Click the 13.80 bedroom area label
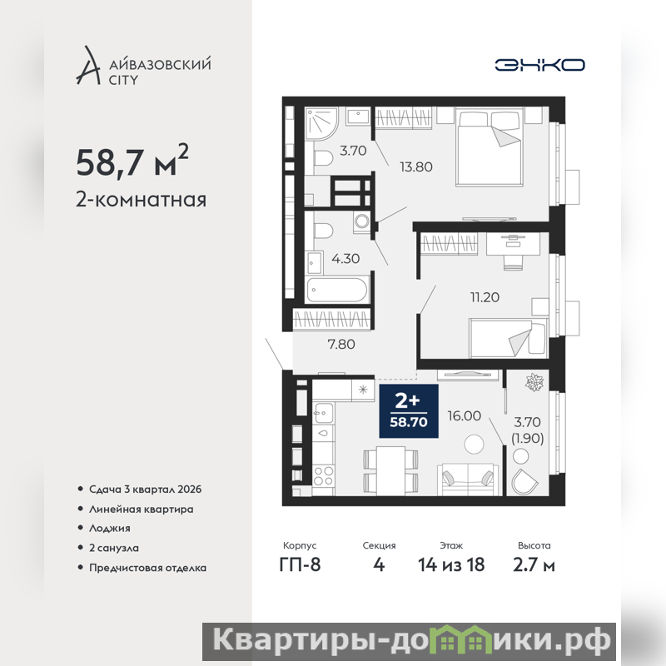(415, 167)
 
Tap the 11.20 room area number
(485, 297)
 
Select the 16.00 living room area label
(465, 415)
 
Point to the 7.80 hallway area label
(341, 344)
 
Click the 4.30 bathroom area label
(345, 258)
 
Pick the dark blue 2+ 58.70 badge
(409, 410)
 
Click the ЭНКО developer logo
(539, 65)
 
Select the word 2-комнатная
(141, 200)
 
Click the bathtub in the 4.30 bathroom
(337, 290)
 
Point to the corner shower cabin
(321, 123)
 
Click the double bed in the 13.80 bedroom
(489, 147)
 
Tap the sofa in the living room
(468, 480)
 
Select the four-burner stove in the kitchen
(324, 475)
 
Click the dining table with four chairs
(390, 470)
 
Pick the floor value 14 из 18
(451, 565)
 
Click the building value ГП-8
(300, 565)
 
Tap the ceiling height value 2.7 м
(534, 565)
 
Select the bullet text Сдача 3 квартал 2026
(145, 490)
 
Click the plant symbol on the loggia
(534, 382)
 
